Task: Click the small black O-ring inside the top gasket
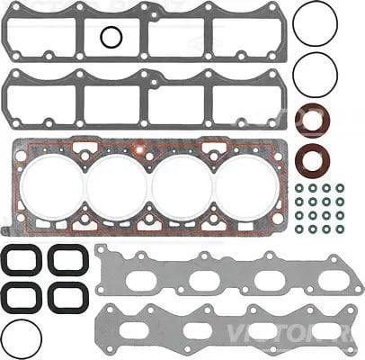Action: pyautogui.click(x=111, y=37)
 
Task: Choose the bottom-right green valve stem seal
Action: pyautogui.click(x=341, y=229)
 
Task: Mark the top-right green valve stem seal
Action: pyautogui.click(x=341, y=189)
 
